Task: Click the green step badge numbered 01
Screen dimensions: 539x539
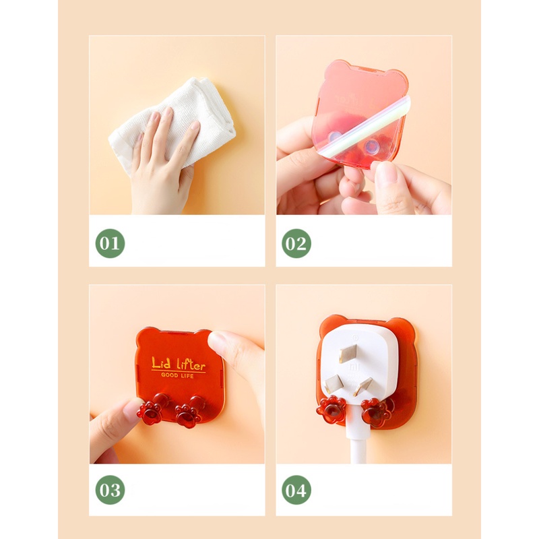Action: (x=110, y=243)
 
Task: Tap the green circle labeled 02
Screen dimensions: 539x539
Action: (x=296, y=243)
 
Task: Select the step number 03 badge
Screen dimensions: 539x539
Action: (x=110, y=490)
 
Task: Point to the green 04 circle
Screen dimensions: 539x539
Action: (x=296, y=490)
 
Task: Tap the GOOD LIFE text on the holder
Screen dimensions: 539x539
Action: (x=179, y=375)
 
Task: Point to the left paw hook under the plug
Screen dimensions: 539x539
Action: (x=332, y=408)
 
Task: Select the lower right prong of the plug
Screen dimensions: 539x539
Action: (x=365, y=387)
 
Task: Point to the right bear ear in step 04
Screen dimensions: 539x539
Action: (x=404, y=327)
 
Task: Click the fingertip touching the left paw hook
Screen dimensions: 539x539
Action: (x=128, y=410)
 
